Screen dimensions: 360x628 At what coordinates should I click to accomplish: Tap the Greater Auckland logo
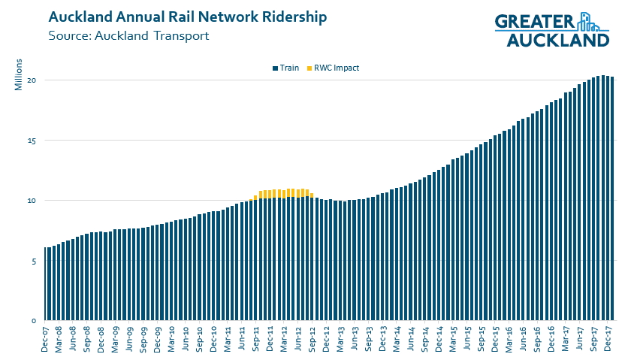551,30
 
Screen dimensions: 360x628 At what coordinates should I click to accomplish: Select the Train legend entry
285,68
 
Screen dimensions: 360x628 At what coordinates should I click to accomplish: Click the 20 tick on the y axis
33,80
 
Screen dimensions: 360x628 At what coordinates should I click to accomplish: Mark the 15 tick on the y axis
33,141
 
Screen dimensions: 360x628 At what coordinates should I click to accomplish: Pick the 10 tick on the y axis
33,201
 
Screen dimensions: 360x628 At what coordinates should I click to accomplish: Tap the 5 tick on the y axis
35,261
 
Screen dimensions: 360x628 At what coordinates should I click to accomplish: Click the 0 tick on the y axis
35,321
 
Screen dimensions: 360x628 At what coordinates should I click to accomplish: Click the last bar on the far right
612,199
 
